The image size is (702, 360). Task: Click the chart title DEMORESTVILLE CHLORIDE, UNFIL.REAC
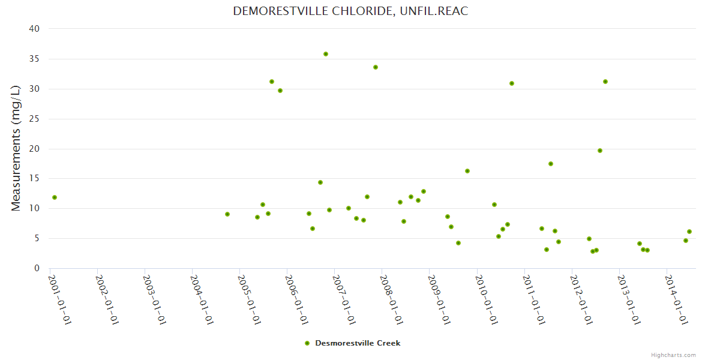[x=350, y=11]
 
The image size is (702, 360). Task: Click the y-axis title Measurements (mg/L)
[x=16, y=148]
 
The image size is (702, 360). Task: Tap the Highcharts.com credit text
[x=673, y=355]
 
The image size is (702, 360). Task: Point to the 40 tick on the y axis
[x=34, y=29]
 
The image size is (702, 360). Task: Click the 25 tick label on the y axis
[x=34, y=119]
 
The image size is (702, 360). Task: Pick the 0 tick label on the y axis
[x=37, y=268]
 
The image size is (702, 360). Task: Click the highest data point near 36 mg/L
[x=326, y=54]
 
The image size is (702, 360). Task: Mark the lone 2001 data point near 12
[x=55, y=197]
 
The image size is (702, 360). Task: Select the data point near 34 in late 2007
[x=376, y=67]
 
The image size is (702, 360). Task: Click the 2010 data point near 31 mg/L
[x=512, y=83]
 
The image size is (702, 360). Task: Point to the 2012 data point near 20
[x=600, y=151]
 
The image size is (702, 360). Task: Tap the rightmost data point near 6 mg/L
[x=689, y=232]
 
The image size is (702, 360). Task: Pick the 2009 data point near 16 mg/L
[x=467, y=171]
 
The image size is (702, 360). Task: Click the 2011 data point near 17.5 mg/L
[x=551, y=164]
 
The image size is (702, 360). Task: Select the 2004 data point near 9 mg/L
[x=227, y=214]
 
